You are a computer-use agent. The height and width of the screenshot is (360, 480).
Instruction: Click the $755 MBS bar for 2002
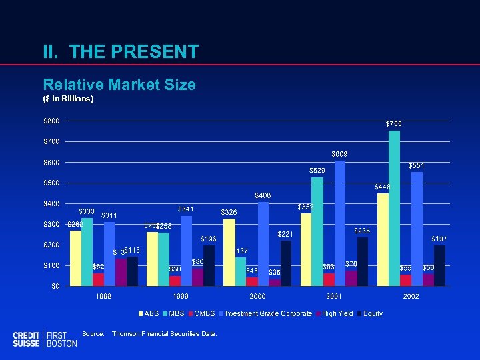[394, 208]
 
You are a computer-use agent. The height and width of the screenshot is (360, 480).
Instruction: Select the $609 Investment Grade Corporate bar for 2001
[340, 223]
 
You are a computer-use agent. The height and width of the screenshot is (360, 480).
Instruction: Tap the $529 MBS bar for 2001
[317, 231]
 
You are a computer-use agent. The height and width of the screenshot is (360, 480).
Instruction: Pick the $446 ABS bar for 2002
[383, 239]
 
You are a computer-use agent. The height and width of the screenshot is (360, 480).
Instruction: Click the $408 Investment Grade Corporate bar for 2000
[263, 243]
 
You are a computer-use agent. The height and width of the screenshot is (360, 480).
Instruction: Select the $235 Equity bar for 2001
[363, 261]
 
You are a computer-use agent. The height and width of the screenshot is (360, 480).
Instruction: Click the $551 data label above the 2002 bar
[416, 165]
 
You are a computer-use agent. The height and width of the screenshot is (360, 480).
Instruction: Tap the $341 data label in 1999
[186, 209]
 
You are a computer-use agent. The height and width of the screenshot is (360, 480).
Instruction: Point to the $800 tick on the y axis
[51, 121]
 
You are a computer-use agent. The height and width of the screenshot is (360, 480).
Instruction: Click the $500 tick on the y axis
[51, 183]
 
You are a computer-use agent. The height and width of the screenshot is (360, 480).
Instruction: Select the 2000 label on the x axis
[257, 296]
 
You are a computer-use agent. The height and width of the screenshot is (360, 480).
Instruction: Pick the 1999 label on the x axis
[181, 296]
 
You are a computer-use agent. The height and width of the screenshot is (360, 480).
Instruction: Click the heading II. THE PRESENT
[121, 52]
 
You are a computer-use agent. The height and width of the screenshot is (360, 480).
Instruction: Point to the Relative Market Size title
[119, 85]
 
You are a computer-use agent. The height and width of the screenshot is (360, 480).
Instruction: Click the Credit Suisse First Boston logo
[45, 339]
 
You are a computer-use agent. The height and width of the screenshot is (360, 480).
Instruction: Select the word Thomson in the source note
[127, 333]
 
